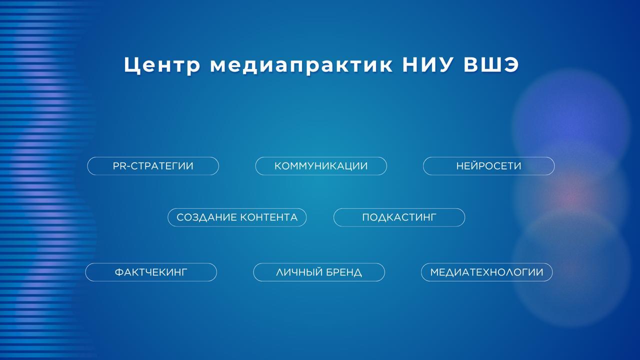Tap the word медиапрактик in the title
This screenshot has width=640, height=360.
pyautogui.click(x=301, y=65)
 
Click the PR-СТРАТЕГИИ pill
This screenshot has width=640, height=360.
pyautogui.click(x=153, y=166)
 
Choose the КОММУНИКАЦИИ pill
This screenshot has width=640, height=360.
pyautogui.click(x=321, y=166)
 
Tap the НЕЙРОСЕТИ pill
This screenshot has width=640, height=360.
pyautogui.click(x=488, y=166)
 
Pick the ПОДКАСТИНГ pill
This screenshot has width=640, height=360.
pyautogui.click(x=399, y=217)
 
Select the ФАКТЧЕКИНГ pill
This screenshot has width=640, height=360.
pyautogui.click(x=151, y=272)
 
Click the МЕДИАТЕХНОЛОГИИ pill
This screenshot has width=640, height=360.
pyautogui.click(x=486, y=272)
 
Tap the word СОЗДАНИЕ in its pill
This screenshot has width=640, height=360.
pyautogui.click(x=206, y=217)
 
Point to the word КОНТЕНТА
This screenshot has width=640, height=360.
pyautogui.click(x=269, y=217)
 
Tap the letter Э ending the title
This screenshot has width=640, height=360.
pyautogui.click(x=511, y=65)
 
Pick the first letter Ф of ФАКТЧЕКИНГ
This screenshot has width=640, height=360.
pyautogui.click(x=119, y=272)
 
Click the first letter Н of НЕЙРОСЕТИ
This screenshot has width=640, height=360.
pyautogui.click(x=459, y=166)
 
